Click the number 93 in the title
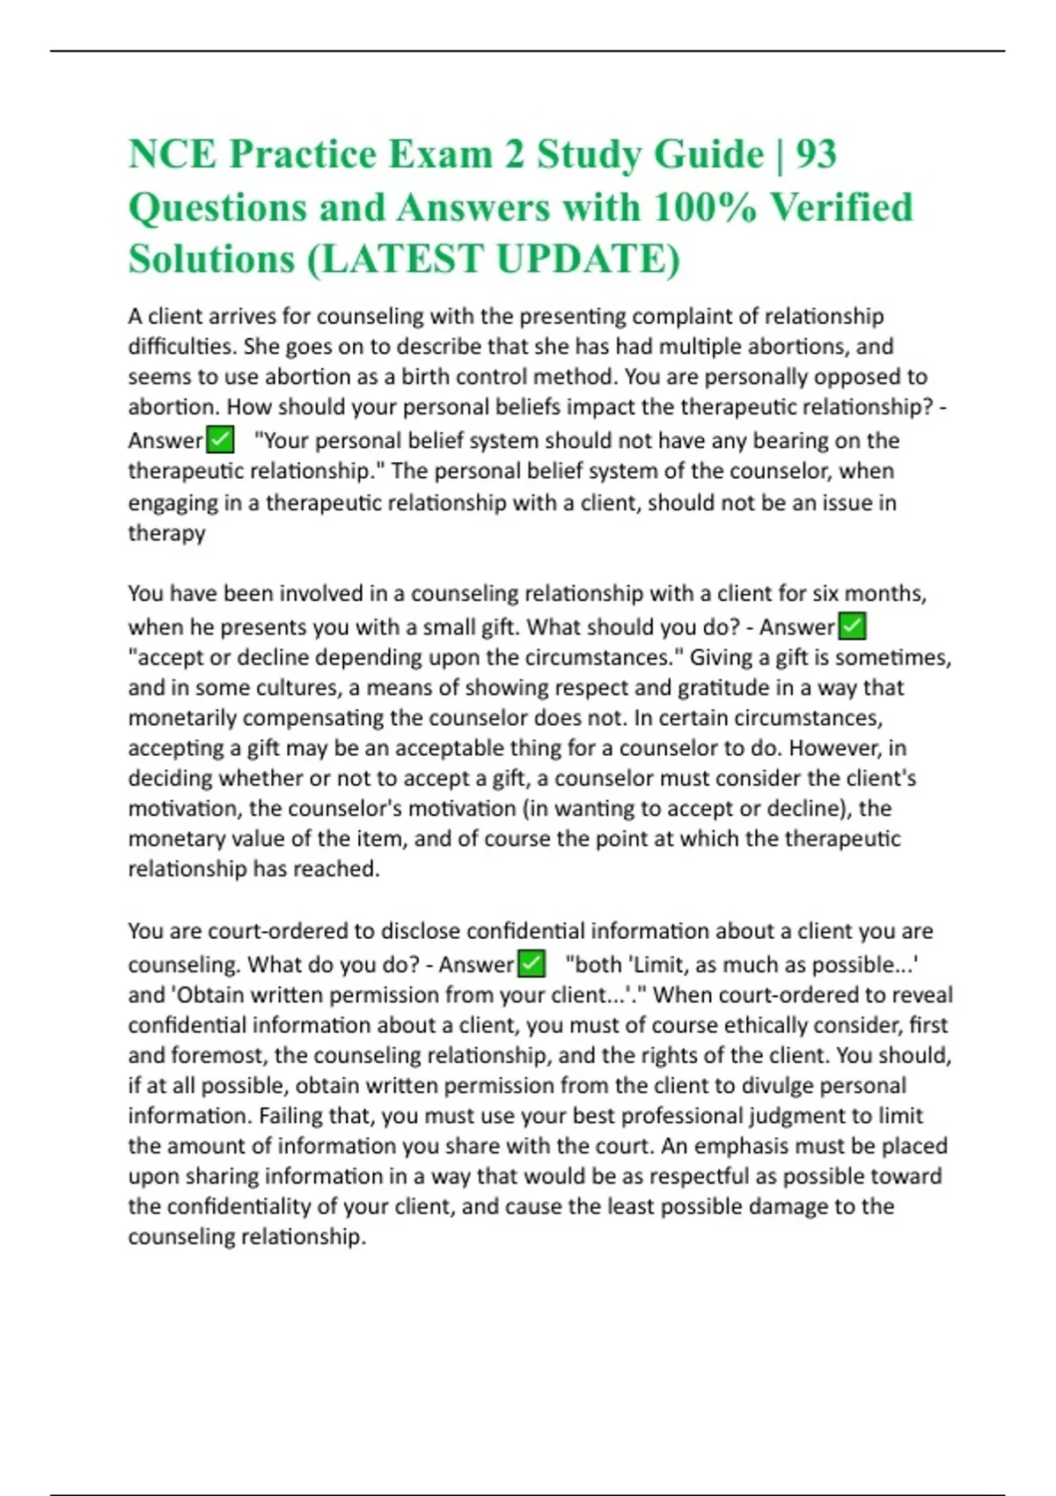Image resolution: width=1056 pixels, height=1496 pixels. coord(816,155)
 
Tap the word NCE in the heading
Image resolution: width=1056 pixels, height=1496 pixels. coord(172,155)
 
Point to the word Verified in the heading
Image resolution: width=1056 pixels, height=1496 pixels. coord(841,208)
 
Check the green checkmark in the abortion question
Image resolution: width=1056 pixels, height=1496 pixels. coord(220,439)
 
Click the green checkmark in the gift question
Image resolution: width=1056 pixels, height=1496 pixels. coord(852,626)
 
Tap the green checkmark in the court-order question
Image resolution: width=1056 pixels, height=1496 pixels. coord(531,964)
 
